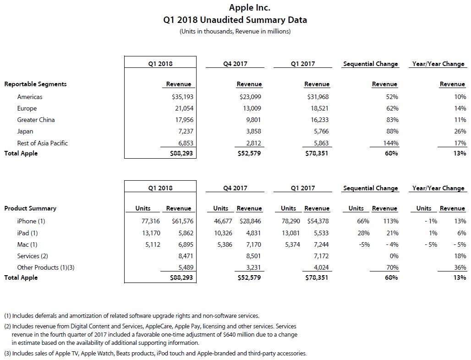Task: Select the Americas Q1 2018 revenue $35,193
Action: pos(181,97)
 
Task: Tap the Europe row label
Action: pos(27,108)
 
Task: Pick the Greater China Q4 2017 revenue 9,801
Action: pos(252,120)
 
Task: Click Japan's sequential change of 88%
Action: pos(392,131)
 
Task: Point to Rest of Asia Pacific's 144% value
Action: pos(391,143)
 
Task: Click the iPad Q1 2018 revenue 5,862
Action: pos(183,233)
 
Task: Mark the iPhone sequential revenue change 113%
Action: pos(391,221)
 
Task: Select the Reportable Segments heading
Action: pos(35,84)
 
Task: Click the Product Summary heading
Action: pos(30,208)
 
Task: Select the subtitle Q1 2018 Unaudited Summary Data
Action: pos(235,20)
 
